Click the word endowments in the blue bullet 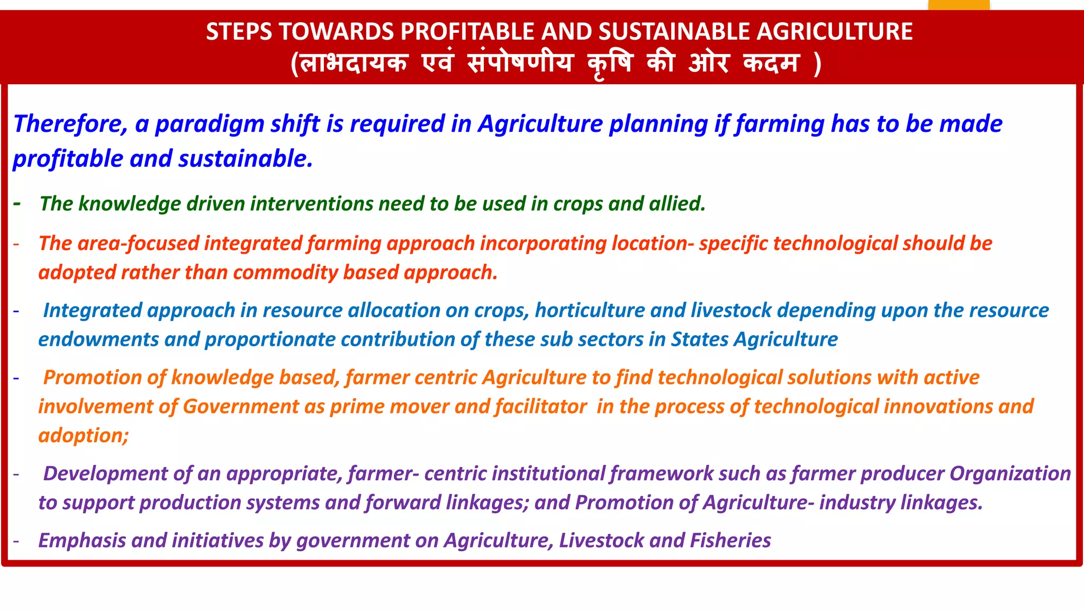[98, 339]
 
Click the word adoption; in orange [84, 436]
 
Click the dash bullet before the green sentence [17, 204]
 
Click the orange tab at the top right [959, 5]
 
